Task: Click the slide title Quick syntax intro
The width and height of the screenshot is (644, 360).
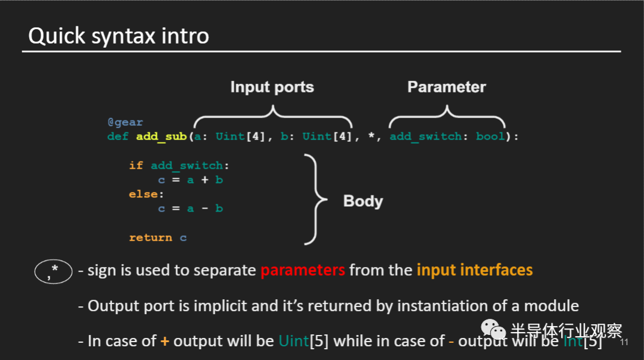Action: click(118, 36)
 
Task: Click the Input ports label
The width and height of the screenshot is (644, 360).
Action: click(272, 88)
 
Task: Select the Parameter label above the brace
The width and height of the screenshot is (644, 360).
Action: click(447, 88)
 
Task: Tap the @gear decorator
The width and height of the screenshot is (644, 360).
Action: click(125, 122)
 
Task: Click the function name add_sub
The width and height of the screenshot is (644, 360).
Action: click(162, 136)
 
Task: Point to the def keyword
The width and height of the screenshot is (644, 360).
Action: click(118, 136)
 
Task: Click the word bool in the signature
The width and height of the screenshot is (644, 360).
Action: click(490, 136)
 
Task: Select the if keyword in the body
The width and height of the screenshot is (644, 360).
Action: click(136, 165)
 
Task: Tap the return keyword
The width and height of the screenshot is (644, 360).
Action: click(150, 237)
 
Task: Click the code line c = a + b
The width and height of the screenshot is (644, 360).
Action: click(190, 179)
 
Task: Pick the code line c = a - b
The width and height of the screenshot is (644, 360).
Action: click(190, 209)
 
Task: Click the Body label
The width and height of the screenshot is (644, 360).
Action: click(363, 201)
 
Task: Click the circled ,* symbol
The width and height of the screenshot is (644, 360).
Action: click(54, 272)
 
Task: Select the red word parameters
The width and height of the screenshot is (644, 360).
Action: click(302, 270)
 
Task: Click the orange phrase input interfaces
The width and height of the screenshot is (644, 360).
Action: click(475, 270)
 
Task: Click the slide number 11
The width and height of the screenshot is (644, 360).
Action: click(625, 343)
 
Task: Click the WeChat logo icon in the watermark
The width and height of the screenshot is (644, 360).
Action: click(493, 330)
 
